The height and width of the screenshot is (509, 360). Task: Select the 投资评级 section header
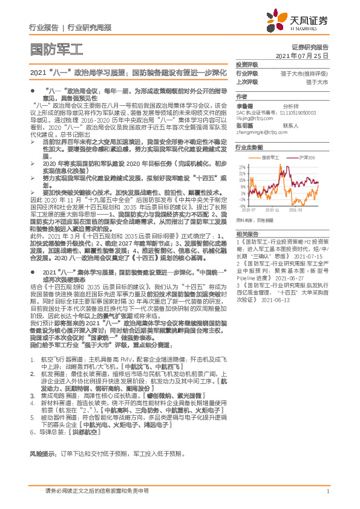click(247, 65)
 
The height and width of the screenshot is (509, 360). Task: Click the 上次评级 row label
click(247, 81)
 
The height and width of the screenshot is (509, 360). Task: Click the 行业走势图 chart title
click(249, 148)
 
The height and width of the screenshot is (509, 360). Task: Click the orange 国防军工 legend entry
click(269, 157)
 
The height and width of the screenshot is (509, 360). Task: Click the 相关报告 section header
click(247, 234)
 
